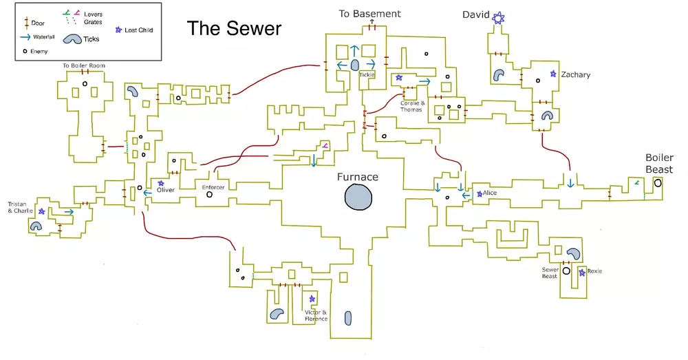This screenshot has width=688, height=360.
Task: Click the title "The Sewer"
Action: (235, 28)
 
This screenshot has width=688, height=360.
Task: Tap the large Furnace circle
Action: (358, 198)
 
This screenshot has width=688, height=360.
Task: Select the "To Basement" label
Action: (370, 14)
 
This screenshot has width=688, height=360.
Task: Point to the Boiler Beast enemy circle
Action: (658, 183)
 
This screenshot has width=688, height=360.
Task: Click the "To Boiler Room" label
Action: (84, 65)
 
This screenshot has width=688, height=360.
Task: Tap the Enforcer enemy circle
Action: (209, 195)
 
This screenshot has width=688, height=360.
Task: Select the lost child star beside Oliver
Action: (161, 183)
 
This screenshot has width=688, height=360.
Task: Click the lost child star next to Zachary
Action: (552, 74)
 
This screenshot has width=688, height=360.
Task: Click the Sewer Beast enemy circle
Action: (566, 271)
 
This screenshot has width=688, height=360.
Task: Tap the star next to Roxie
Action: (582, 273)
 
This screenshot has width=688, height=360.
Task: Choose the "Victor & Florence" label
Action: (316, 315)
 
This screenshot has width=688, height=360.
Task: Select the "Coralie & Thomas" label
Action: (413, 106)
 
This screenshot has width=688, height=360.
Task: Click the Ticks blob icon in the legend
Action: (75, 40)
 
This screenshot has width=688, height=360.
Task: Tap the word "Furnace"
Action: (357, 177)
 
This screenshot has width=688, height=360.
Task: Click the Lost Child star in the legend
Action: (119, 30)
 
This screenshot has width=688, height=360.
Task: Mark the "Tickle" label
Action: (366, 75)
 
